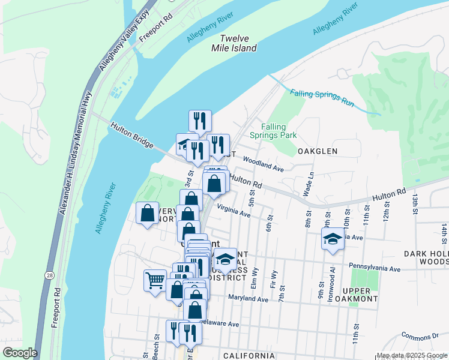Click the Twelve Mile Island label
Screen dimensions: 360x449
[238, 43]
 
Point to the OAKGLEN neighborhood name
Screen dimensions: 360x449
[318, 152]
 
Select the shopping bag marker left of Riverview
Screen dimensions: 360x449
[148, 213]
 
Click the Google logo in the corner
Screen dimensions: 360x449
[20, 353]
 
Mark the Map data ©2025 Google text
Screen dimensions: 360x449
[412, 355]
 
